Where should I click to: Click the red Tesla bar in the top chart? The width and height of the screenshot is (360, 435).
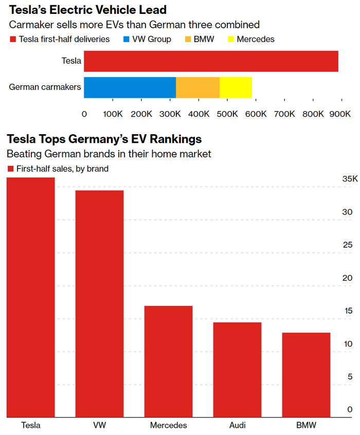(x=211, y=61)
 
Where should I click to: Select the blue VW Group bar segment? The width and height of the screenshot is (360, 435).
(x=130, y=87)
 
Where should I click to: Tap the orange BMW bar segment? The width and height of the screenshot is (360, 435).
(x=197, y=87)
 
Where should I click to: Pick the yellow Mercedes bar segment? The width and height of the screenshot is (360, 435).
(x=236, y=87)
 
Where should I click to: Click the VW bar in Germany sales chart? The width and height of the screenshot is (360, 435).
(x=99, y=303)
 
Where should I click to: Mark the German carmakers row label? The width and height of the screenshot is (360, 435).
(x=45, y=87)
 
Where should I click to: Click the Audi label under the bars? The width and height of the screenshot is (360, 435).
(x=237, y=425)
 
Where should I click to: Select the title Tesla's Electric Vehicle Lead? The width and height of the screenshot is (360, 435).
(x=86, y=10)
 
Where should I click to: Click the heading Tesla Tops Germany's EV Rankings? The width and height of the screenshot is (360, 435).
(x=104, y=139)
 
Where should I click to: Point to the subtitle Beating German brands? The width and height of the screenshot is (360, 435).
(x=109, y=153)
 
